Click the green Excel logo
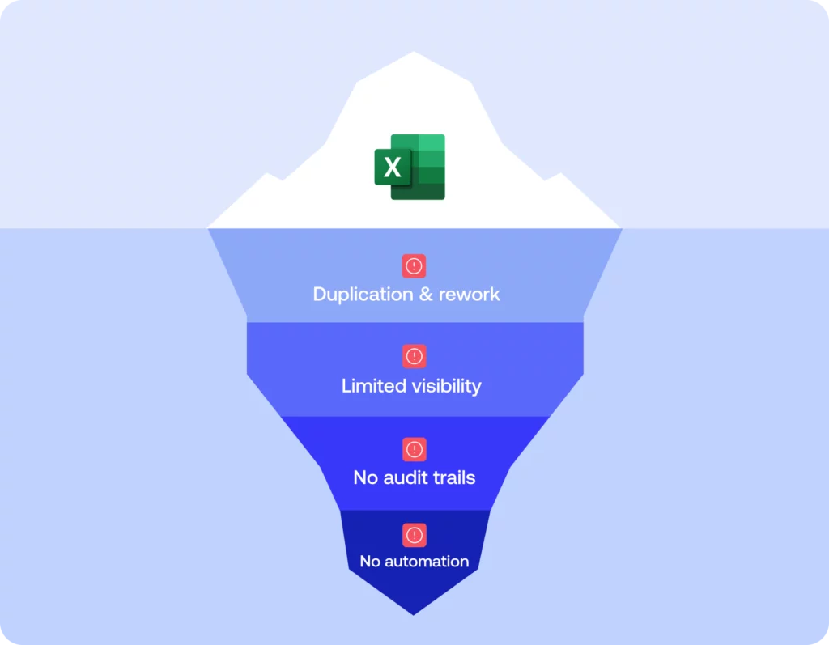tap(410, 167)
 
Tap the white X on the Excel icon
tap(393, 168)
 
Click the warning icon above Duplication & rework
tap(414, 266)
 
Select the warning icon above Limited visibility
tap(414, 356)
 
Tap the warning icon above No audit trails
tap(414, 449)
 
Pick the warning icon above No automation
tap(414, 535)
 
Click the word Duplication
tap(363, 294)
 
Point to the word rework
tap(470, 294)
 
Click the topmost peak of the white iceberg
tap(414, 54)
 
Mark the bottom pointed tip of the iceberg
tap(414, 613)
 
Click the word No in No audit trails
tap(365, 477)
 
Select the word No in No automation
tap(369, 562)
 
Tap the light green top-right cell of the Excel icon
tap(432, 142)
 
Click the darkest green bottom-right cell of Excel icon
tap(432, 192)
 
